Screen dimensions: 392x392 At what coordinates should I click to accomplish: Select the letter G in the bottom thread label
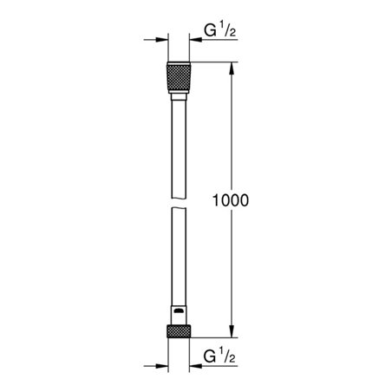(210, 356)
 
